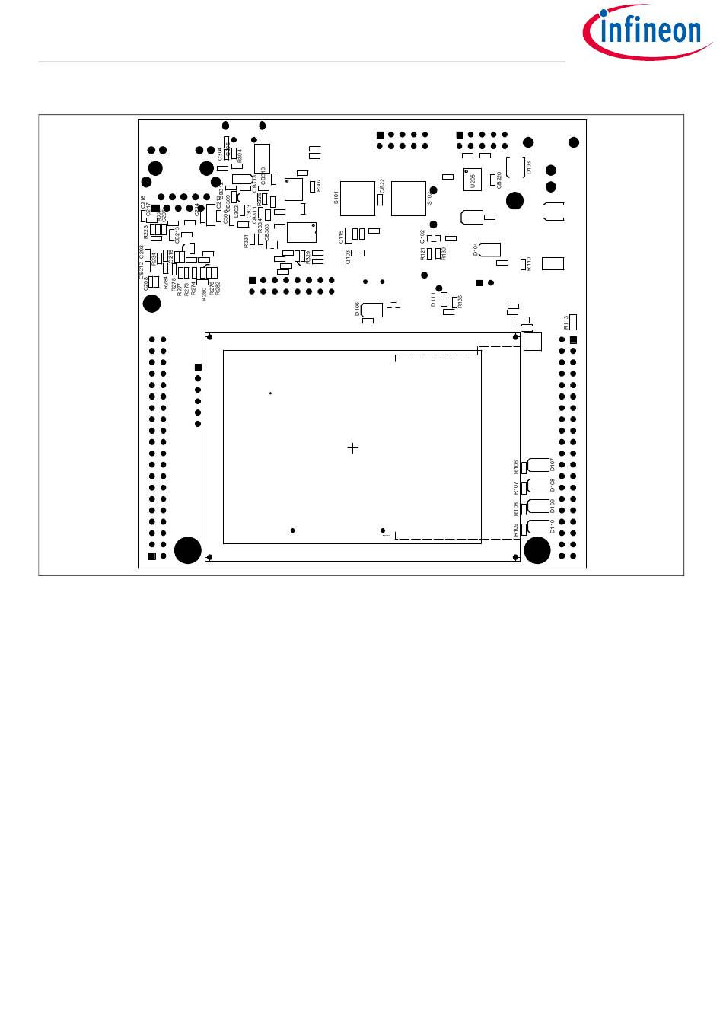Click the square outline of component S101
pyautogui.click(x=357, y=198)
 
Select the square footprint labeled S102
pyautogui.click(x=409, y=198)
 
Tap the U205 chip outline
pyautogui.click(x=473, y=180)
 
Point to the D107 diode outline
pyautogui.click(x=538, y=464)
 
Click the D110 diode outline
pyautogui.click(x=538, y=527)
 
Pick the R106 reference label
pyautogui.click(x=516, y=466)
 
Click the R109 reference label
pyautogui.click(x=516, y=529)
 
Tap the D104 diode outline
pyautogui.click(x=489, y=248)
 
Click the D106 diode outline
pyautogui.click(x=372, y=309)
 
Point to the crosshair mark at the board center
pyautogui.click(x=353, y=448)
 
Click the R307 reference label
pyautogui.click(x=318, y=184)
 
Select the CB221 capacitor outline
pyautogui.click(x=380, y=199)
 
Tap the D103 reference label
pyautogui.click(x=530, y=167)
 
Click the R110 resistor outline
pyautogui.click(x=523, y=264)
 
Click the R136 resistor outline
pyautogui.click(x=454, y=301)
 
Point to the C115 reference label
pyautogui.click(x=342, y=237)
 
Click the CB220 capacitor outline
pyautogui.click(x=492, y=180)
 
